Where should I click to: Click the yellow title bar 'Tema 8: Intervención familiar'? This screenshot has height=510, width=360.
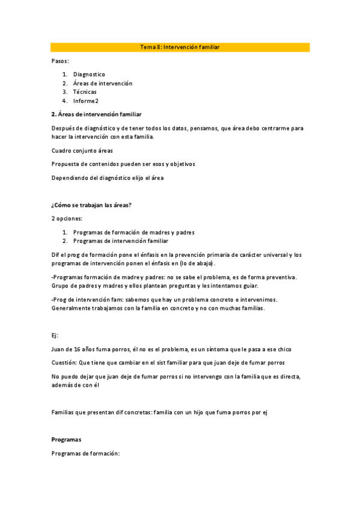pos(180,47)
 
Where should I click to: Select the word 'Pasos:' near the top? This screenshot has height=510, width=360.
pos(60,61)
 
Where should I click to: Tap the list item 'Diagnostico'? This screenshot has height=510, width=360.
pos(89,75)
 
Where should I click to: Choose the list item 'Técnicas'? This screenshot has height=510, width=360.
pos(85,92)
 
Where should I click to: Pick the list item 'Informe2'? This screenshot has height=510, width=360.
pos(86,101)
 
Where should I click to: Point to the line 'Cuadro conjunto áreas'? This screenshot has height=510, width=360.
pos(82,150)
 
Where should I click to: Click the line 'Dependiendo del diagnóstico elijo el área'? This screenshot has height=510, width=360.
pos(108,177)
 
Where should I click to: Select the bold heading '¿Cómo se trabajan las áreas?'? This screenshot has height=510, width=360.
pos(91,205)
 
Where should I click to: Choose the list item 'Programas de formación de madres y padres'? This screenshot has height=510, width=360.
pos(133,232)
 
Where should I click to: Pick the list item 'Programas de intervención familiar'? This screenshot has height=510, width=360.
pos(120,241)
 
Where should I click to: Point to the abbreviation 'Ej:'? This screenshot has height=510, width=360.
pos(56,335)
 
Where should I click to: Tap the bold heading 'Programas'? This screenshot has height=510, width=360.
pos(67,440)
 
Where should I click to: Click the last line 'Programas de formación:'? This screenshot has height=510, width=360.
pos(86,453)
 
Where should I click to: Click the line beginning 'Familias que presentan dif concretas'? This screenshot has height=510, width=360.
pos(159,412)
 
